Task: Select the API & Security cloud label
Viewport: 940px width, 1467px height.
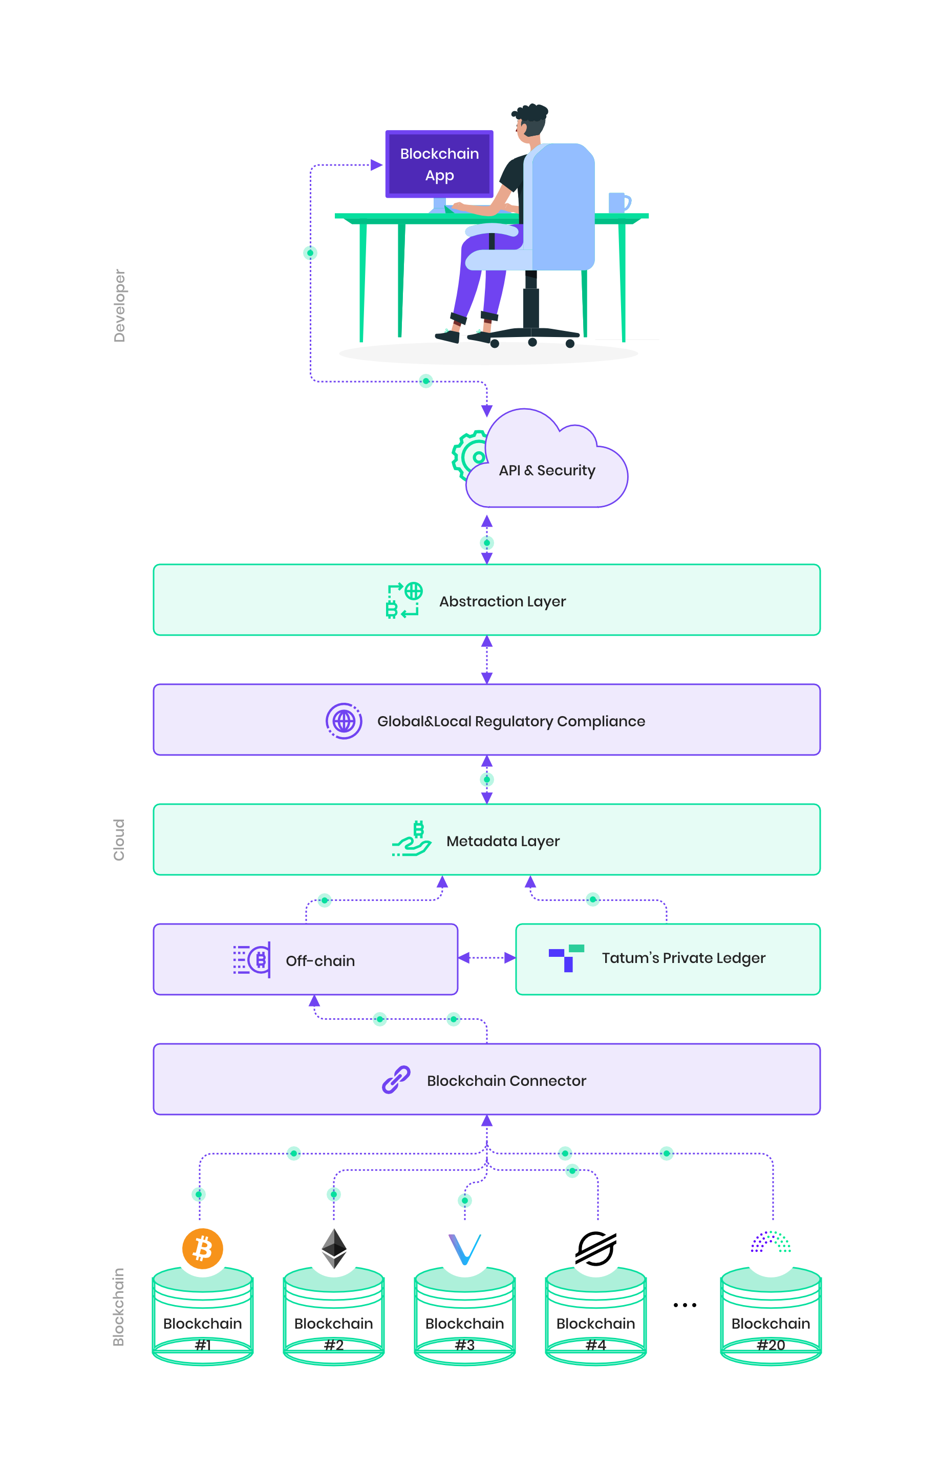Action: [547, 470]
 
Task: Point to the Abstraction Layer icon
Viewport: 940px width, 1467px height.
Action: [404, 600]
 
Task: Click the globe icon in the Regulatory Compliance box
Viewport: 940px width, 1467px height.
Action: [344, 721]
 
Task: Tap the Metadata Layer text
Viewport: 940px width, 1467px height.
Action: [503, 841]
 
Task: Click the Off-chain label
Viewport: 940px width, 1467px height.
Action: [320, 961]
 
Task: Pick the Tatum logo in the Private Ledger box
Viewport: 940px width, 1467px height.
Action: [566, 958]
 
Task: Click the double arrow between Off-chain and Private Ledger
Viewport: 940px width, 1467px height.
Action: [486, 958]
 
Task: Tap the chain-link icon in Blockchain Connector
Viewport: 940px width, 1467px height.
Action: [396, 1079]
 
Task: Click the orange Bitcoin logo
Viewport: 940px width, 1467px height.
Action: [203, 1248]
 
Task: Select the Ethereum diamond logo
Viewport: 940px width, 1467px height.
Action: [334, 1248]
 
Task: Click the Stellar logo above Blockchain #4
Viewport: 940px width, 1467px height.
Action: [596, 1248]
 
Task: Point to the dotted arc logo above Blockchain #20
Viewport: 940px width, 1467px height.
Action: [771, 1241]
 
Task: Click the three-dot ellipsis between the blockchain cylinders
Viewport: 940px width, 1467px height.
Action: [685, 1305]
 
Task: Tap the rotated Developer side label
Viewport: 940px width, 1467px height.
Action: [119, 305]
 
